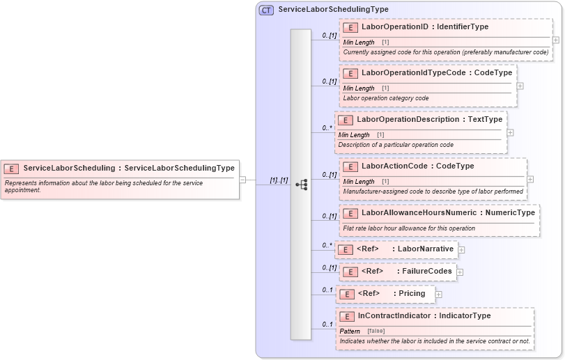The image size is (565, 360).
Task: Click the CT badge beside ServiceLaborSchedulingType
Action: (266, 10)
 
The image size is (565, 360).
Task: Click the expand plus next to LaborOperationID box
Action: (555, 40)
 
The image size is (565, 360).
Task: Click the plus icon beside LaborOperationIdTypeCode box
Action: (520, 86)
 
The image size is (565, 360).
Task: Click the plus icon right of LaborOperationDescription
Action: (510, 132)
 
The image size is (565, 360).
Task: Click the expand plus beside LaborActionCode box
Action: (530, 178)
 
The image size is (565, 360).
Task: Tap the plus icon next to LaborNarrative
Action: (461, 249)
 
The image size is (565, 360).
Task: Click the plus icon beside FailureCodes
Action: (460, 272)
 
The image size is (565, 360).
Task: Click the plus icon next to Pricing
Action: (438, 295)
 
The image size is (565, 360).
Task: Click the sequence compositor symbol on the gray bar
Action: (301, 185)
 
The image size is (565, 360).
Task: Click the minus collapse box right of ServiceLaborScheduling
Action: (242, 180)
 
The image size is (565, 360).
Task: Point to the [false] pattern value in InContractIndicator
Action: (376, 331)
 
